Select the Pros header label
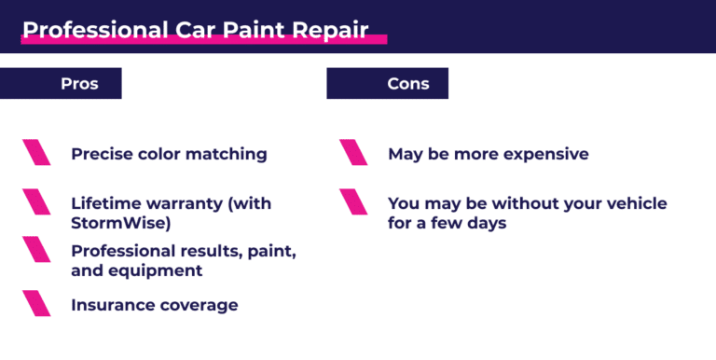pyautogui.click(x=79, y=84)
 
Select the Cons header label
pyautogui.click(x=408, y=84)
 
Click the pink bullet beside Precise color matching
pyautogui.click(x=36, y=153)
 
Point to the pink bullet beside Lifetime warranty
pyautogui.click(x=36, y=202)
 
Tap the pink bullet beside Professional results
pyautogui.click(x=36, y=250)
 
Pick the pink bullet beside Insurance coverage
pyautogui.click(x=36, y=304)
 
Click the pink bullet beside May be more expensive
pyautogui.click(x=353, y=153)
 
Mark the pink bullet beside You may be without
pyautogui.click(x=353, y=202)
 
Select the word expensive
pyautogui.click(x=545, y=154)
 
